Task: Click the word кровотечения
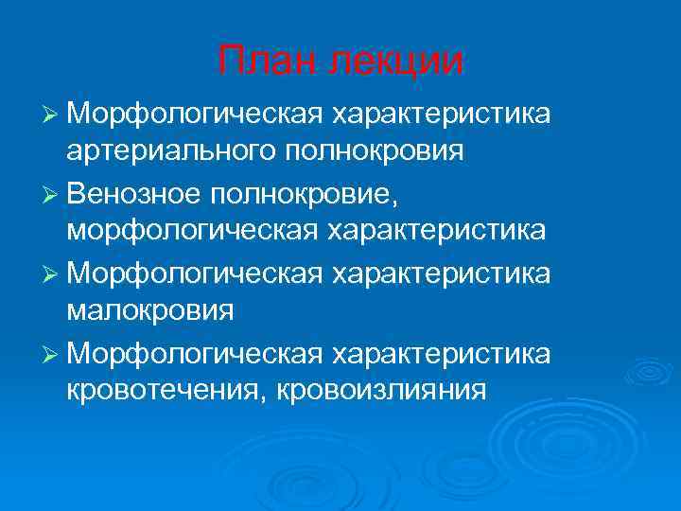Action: click(x=158, y=390)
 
